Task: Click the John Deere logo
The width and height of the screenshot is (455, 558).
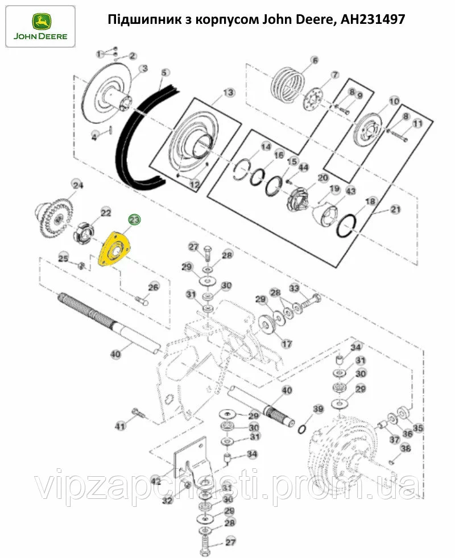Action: pyautogui.click(x=39, y=26)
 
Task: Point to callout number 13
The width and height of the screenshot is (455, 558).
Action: pyautogui.click(x=228, y=93)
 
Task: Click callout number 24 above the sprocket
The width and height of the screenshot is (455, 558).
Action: pyautogui.click(x=77, y=185)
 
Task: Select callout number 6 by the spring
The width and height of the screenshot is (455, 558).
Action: pyautogui.click(x=313, y=60)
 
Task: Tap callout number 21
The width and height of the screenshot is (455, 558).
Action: pyautogui.click(x=395, y=210)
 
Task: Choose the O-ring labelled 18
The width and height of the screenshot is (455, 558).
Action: pyautogui.click(x=348, y=226)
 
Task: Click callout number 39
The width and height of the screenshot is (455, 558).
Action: pyautogui.click(x=318, y=409)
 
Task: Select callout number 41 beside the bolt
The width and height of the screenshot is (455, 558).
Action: pyautogui.click(x=120, y=426)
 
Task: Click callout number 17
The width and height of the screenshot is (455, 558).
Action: pyautogui.click(x=287, y=344)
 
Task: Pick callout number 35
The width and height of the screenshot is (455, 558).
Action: pyautogui.click(x=418, y=428)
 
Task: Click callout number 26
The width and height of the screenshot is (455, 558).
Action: pyautogui.click(x=154, y=287)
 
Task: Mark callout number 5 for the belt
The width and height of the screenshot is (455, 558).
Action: pyautogui.click(x=166, y=73)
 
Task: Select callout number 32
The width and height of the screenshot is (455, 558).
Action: pyautogui.click(x=167, y=501)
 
